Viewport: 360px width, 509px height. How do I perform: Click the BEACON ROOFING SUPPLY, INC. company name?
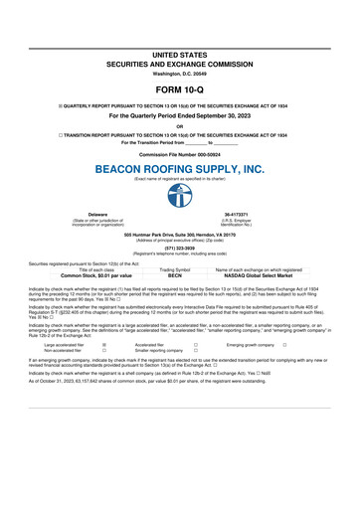[x=180, y=170]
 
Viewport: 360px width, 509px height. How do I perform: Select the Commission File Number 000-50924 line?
[x=180, y=156]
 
